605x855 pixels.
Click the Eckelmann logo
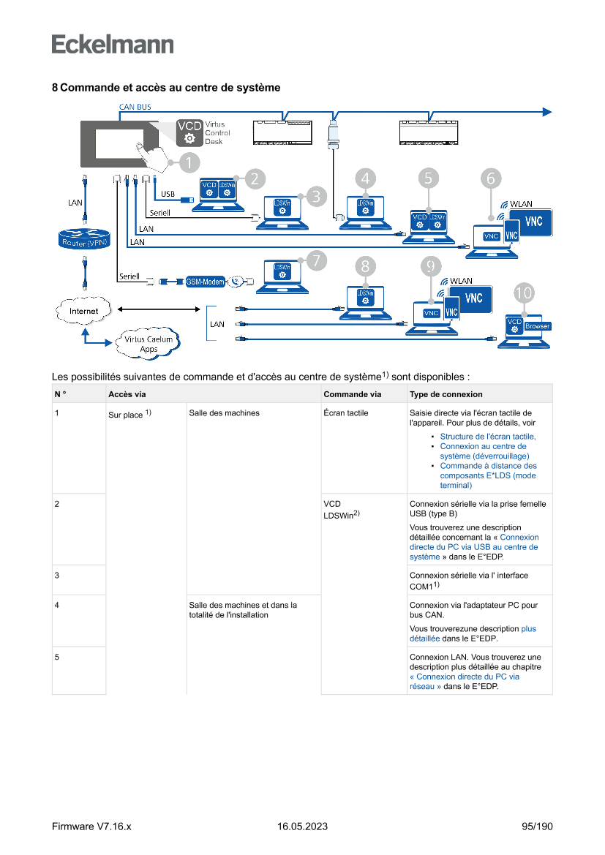(113, 45)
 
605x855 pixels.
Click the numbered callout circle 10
(523, 293)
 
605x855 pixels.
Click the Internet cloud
(83, 311)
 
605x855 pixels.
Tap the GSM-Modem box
(204, 282)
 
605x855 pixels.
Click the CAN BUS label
(135, 107)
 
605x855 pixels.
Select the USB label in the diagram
(168, 195)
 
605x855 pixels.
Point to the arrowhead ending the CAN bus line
(546, 111)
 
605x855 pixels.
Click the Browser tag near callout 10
(536, 326)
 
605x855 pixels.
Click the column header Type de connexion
(446, 394)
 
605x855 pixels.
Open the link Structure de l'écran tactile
(487, 436)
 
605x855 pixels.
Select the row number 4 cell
(57, 605)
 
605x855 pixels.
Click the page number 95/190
(537, 826)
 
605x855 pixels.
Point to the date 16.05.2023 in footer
(302, 826)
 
